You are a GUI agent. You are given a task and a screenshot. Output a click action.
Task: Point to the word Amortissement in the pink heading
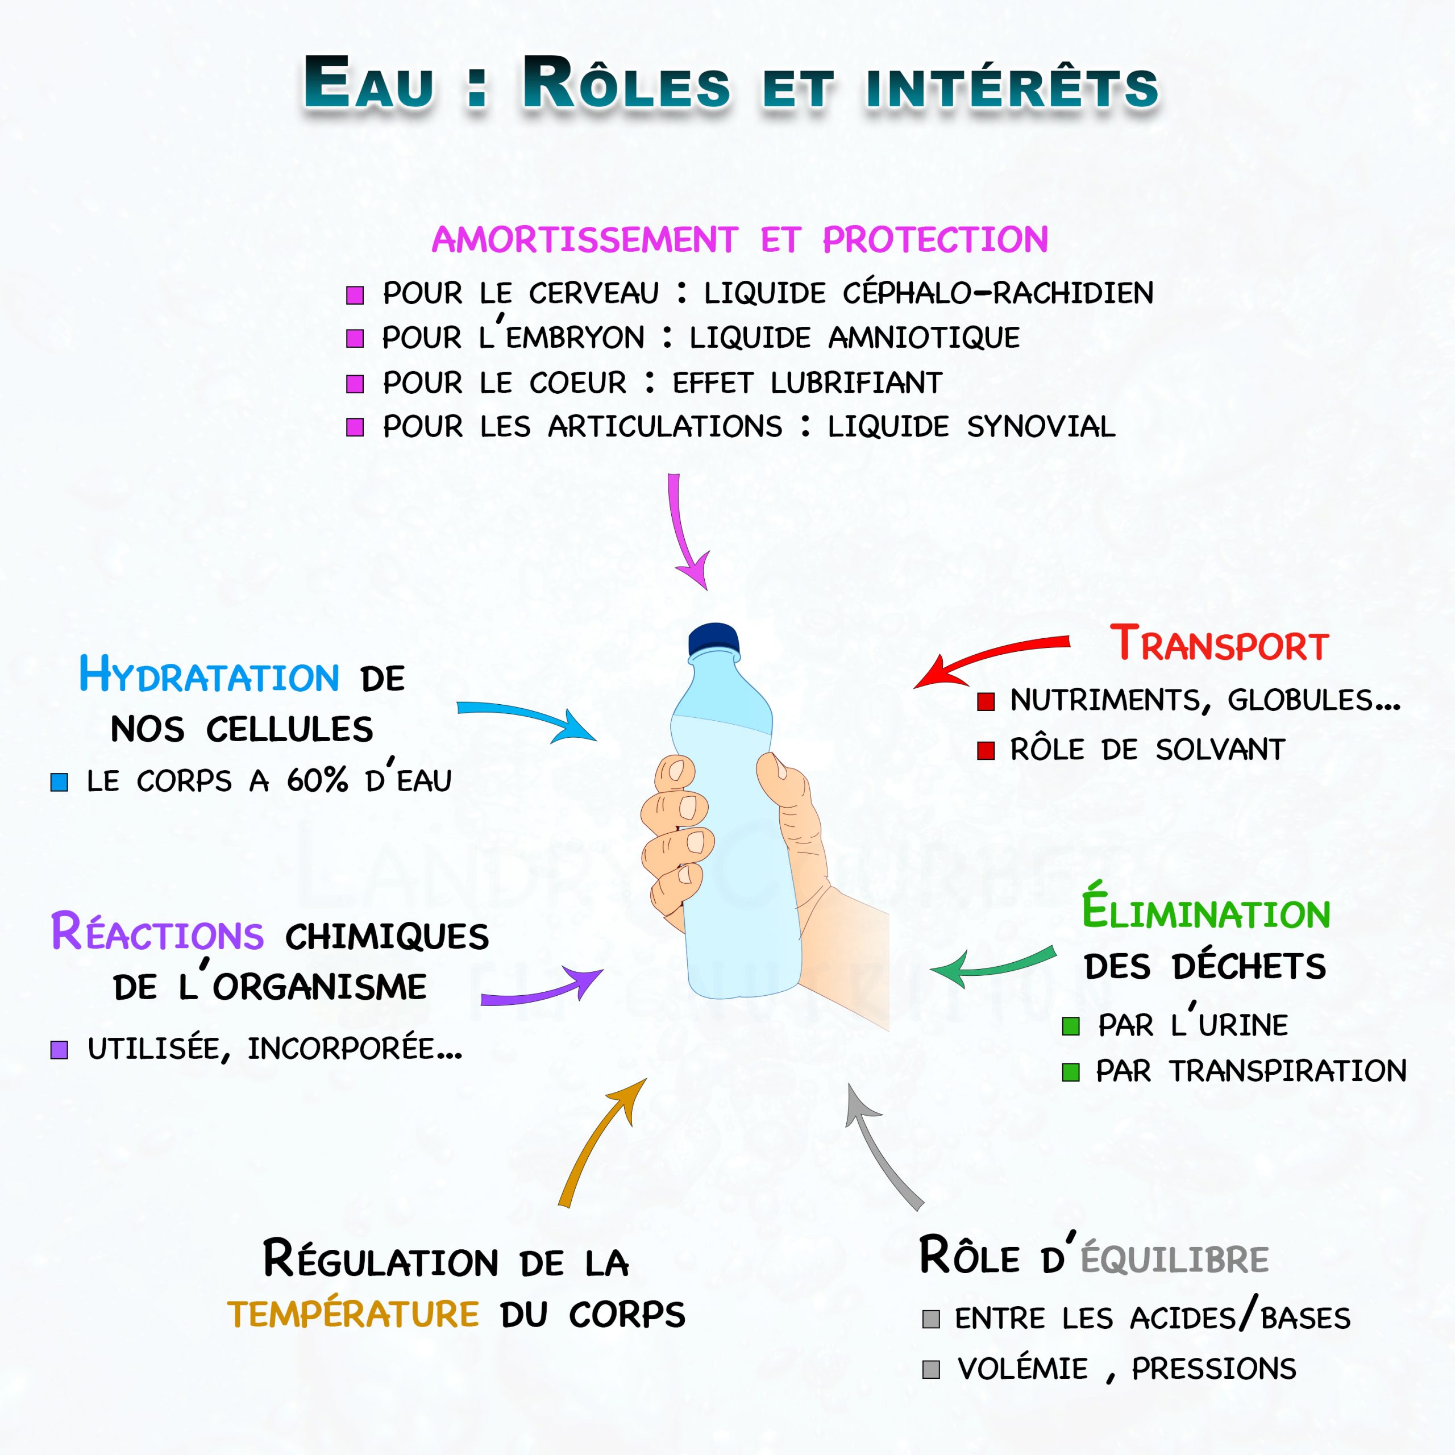click(584, 240)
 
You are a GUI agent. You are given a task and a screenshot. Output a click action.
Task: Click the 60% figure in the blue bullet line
click(317, 780)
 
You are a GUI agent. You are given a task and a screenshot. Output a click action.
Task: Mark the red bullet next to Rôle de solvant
click(986, 751)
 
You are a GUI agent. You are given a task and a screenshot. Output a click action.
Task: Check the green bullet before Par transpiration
click(1071, 1072)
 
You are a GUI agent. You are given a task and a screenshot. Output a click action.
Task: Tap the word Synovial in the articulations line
click(1041, 427)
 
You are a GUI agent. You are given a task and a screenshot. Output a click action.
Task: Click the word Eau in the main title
click(369, 84)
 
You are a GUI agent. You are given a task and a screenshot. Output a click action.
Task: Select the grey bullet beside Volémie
click(931, 1369)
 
